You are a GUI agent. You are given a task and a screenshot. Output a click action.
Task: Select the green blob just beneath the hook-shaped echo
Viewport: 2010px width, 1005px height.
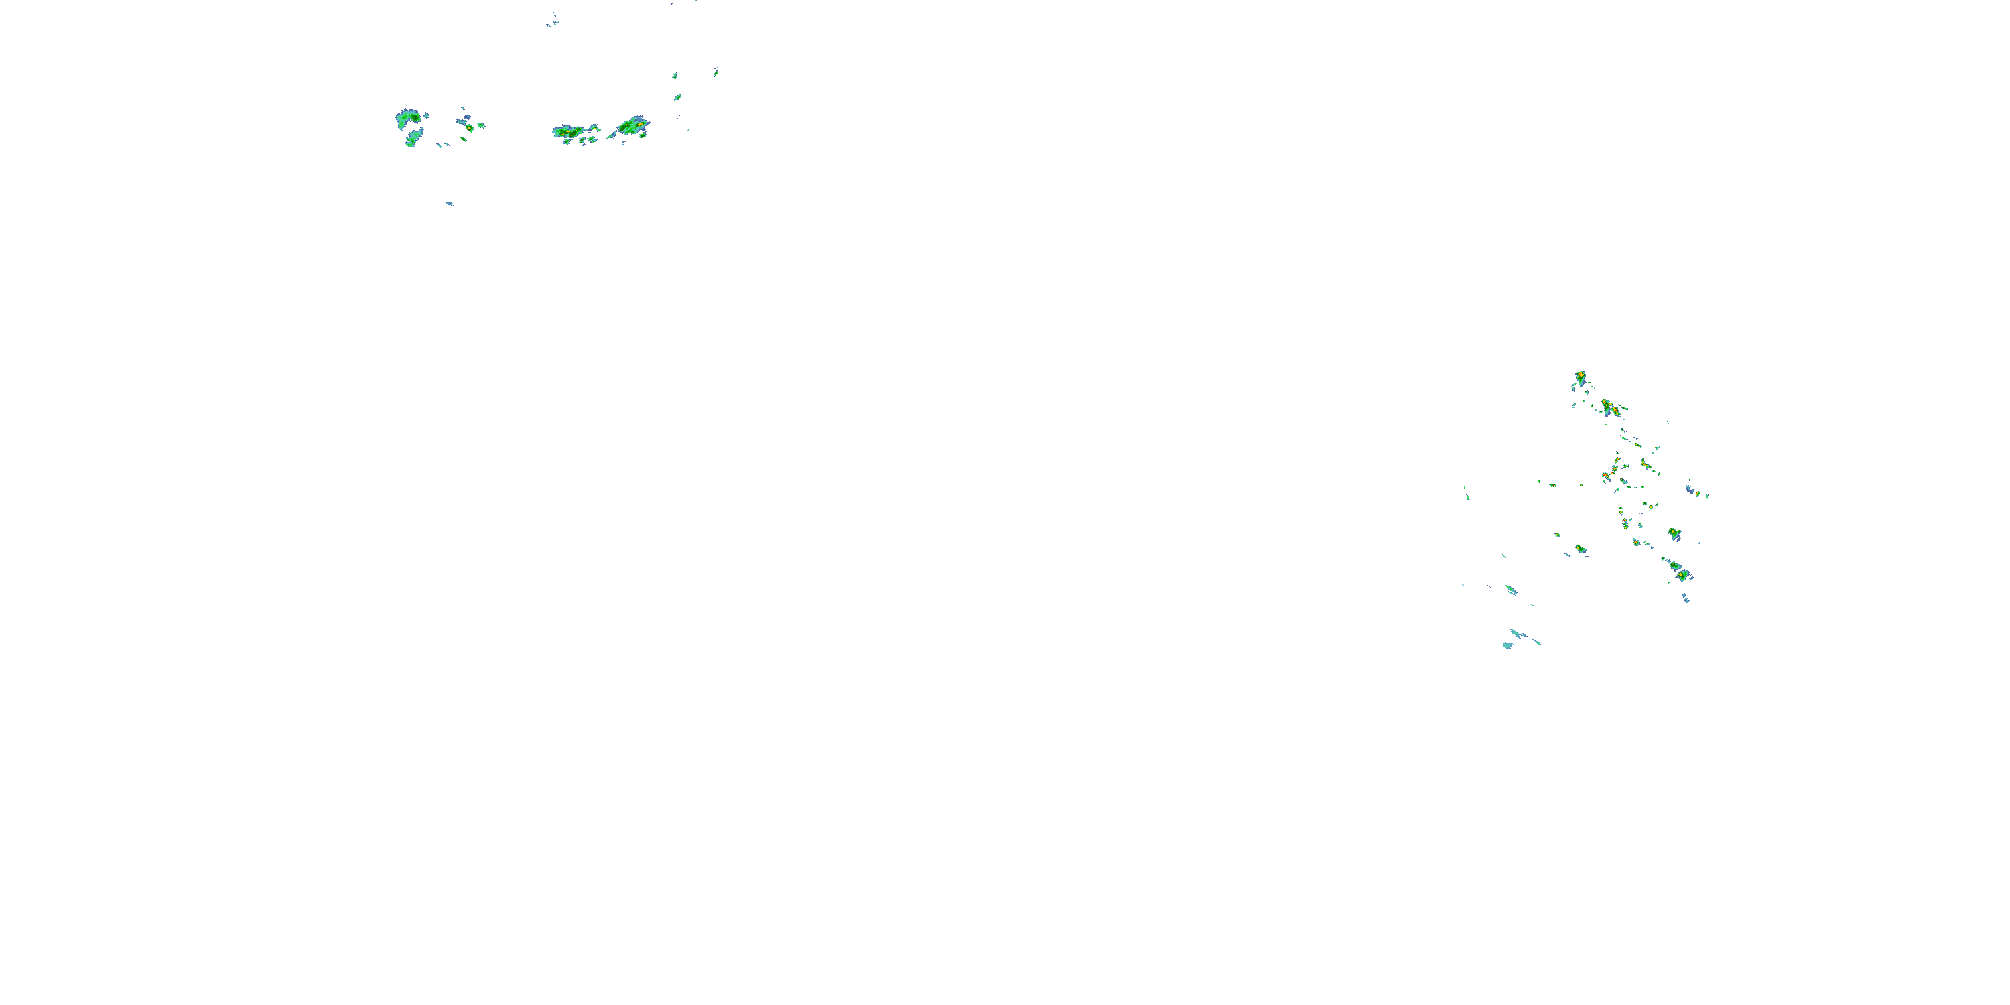click(x=411, y=141)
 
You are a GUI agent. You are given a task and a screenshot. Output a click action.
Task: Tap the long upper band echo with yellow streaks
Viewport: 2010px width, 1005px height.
click(x=576, y=131)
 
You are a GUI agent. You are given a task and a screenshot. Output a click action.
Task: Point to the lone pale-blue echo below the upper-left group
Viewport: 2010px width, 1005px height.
click(x=450, y=204)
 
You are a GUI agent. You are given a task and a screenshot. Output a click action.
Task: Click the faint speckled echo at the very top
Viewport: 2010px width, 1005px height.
click(x=553, y=23)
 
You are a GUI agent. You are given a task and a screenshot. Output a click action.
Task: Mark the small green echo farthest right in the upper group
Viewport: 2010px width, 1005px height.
click(x=716, y=72)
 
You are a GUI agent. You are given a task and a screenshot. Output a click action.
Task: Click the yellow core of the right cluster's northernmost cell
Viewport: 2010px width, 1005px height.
click(x=1580, y=376)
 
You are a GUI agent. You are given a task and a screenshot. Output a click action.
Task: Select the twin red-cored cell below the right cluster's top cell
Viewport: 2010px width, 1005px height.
click(x=1609, y=407)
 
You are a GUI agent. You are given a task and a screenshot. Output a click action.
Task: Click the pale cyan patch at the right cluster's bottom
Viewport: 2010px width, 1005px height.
click(x=1507, y=645)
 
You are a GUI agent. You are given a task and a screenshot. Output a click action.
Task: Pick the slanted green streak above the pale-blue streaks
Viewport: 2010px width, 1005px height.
click(x=1512, y=589)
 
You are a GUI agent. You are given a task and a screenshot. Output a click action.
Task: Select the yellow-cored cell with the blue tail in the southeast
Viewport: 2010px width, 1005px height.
click(x=1674, y=534)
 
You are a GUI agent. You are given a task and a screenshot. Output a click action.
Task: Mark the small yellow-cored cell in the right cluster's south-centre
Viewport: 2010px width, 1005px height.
click(x=1580, y=549)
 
